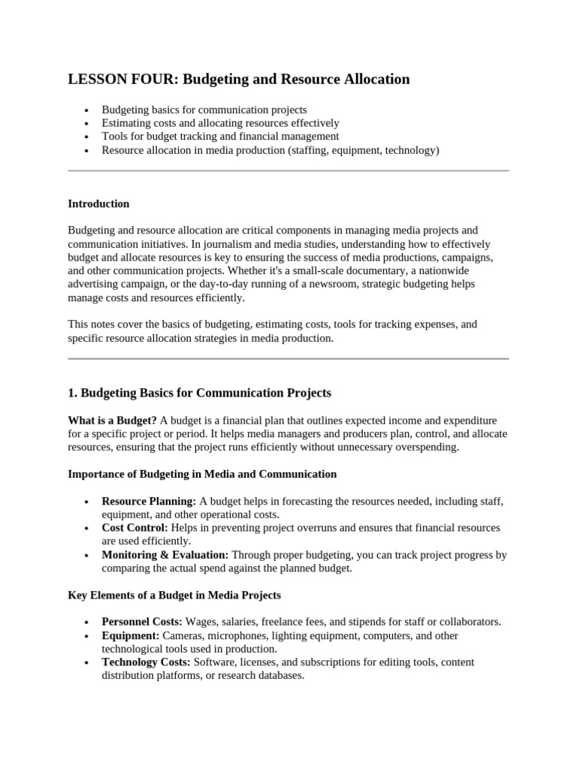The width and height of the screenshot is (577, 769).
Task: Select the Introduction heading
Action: (x=98, y=204)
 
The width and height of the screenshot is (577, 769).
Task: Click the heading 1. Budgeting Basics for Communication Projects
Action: (x=199, y=393)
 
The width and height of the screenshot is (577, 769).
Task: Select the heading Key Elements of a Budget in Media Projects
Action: (x=174, y=595)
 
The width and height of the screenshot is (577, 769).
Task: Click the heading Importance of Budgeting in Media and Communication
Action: (x=202, y=474)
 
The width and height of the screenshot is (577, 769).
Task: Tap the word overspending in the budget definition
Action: (x=425, y=448)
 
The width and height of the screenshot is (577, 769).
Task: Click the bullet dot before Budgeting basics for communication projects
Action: (x=86, y=110)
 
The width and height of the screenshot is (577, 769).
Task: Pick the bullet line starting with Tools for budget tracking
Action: (x=220, y=137)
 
